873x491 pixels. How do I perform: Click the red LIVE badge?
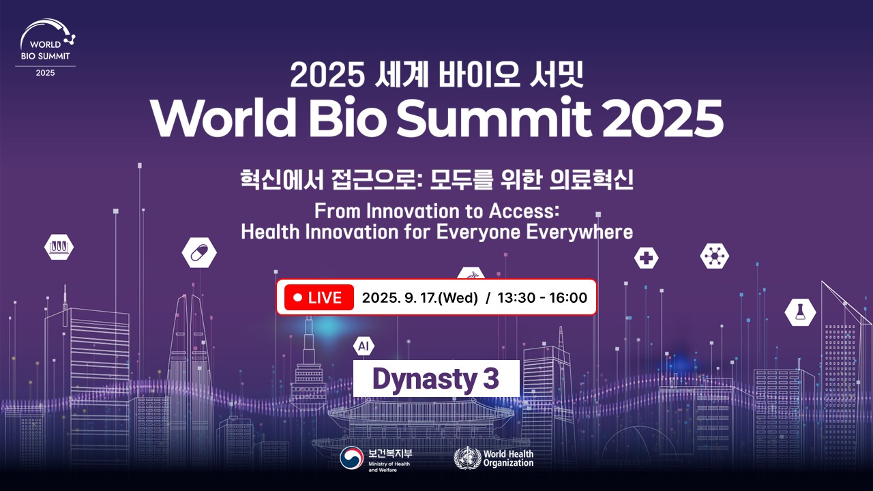(x=319, y=298)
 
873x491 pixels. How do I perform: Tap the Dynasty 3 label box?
(x=436, y=378)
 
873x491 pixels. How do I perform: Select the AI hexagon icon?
(x=364, y=346)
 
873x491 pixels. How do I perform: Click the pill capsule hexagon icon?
(x=199, y=252)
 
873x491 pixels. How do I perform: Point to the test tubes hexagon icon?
(x=59, y=247)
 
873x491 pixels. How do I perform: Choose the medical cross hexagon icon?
(x=646, y=258)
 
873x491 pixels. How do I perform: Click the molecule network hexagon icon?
(x=714, y=256)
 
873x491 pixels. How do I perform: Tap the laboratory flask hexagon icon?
(x=800, y=312)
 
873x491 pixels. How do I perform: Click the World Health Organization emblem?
(x=467, y=458)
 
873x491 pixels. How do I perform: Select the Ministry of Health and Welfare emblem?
(x=351, y=458)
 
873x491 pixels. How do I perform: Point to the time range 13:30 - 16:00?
(x=542, y=298)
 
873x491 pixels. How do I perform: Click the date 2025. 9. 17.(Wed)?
(x=420, y=298)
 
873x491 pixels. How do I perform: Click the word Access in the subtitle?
(x=524, y=211)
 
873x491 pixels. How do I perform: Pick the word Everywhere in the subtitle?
(x=579, y=232)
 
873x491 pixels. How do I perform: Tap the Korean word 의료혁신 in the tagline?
(x=591, y=179)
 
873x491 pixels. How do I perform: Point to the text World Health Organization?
(x=508, y=458)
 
